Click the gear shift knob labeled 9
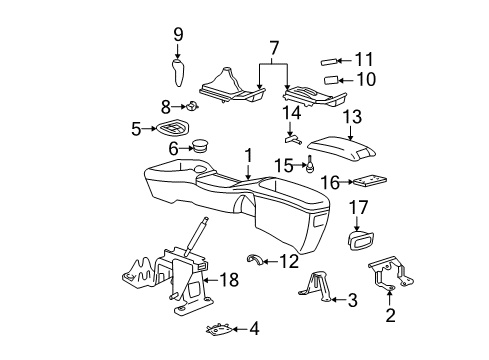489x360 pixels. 179,72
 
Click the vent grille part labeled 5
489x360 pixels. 176,129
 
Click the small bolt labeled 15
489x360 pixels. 310,165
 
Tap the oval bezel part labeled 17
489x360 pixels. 358,241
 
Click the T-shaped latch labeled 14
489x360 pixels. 292,133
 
